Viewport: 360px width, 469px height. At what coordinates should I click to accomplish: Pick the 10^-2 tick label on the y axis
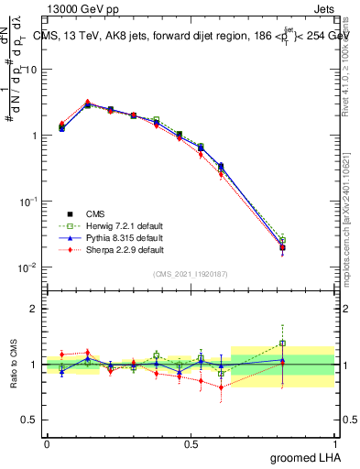pyautogui.click(x=29, y=267)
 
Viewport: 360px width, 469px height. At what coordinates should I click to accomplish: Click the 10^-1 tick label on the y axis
pyautogui.click(x=29, y=201)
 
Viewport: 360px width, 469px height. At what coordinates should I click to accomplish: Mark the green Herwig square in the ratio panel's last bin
pyautogui.click(x=282, y=344)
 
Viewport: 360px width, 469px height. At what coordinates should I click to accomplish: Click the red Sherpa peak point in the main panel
pyautogui.click(x=87, y=103)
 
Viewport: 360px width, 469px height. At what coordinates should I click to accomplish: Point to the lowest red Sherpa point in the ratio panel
pyautogui.click(x=221, y=387)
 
